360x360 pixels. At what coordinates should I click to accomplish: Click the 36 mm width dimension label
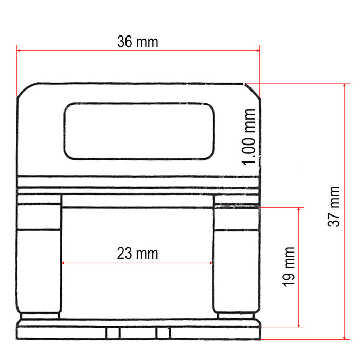pyautogui.click(x=138, y=42)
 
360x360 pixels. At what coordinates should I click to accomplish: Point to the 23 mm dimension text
pyautogui.click(x=137, y=253)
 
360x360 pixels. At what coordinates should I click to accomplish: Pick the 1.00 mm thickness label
pyautogui.click(x=250, y=137)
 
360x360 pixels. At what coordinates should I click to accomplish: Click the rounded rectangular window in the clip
pyautogui.click(x=138, y=131)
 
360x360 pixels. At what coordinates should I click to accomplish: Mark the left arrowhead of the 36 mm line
pyautogui.click(x=19, y=50)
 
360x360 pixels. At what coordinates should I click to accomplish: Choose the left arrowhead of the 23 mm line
pyautogui.click(x=64, y=263)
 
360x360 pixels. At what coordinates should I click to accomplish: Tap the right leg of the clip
pyautogui.click(x=236, y=260)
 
